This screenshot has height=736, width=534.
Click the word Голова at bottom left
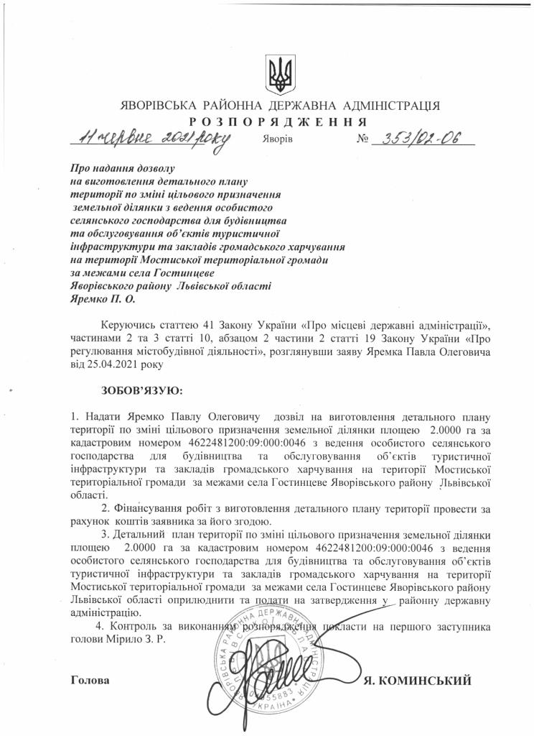pyautogui.click(x=91, y=680)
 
